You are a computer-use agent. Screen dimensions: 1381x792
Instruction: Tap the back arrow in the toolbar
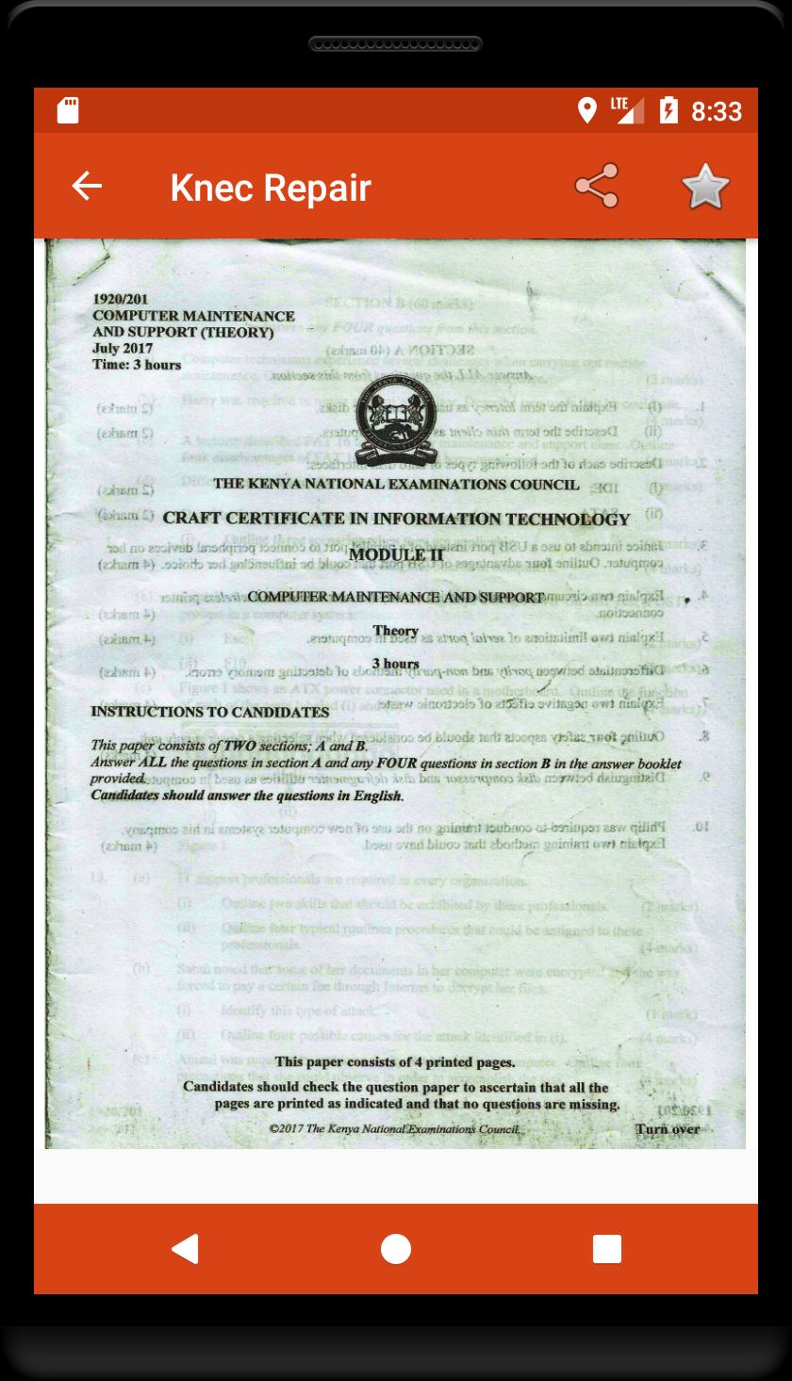87,186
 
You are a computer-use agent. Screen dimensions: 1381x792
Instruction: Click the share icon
597,186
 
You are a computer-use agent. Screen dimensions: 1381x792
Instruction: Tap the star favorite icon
705,186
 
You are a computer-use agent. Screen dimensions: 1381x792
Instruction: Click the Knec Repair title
271,188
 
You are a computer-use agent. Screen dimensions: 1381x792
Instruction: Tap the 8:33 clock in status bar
717,111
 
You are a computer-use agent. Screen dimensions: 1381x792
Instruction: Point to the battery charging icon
668,110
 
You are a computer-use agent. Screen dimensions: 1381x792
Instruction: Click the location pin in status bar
586,110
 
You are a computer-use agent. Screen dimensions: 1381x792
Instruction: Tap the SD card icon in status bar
67,110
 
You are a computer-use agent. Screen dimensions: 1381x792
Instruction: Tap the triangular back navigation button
185,1248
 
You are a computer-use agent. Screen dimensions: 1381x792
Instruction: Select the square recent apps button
606,1248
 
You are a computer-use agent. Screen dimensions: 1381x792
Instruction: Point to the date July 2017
123,349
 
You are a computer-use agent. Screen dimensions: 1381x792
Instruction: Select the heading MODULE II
395,555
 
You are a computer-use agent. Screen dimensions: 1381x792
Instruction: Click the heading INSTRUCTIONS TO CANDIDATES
209,712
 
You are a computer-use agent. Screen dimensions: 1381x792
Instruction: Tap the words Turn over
667,1128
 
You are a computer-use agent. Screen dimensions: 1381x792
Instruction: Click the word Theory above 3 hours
395,631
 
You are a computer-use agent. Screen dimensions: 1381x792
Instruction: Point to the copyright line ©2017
393,1127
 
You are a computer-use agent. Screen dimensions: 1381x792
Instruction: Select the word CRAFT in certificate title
191,518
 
